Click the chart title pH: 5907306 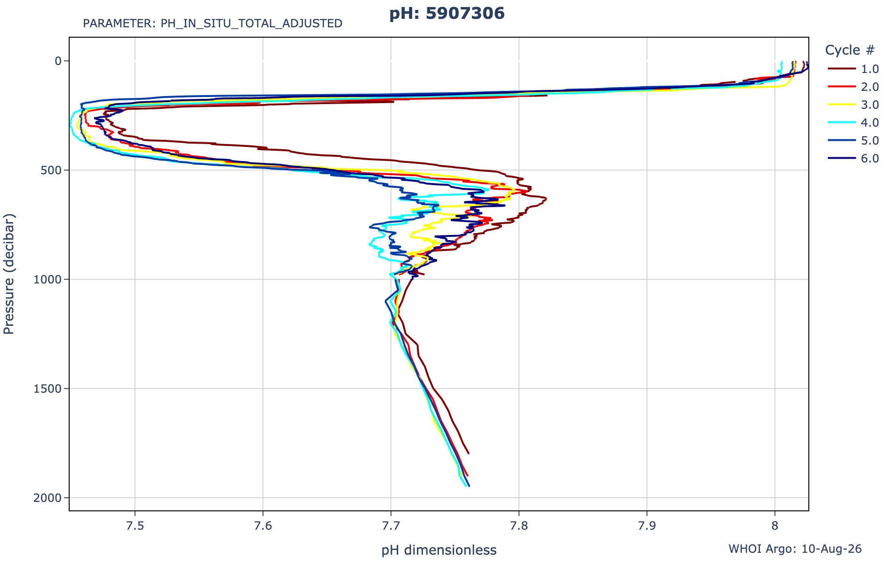447,14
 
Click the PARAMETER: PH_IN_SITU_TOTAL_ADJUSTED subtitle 213,24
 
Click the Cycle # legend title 850,50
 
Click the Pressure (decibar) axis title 9,274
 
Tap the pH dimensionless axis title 439,550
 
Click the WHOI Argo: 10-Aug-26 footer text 795,549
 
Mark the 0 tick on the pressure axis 58,61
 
